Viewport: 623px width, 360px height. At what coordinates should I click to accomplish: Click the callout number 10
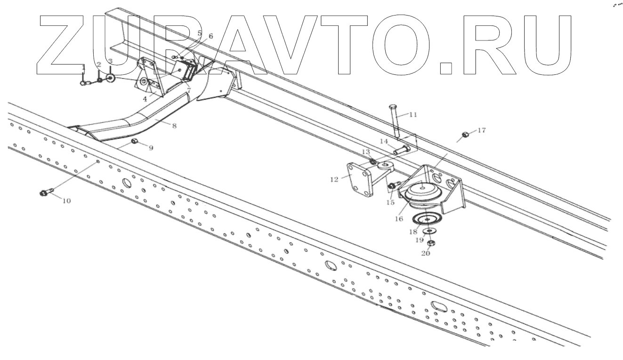[x=66, y=201]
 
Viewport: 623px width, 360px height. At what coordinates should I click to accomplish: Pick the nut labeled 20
[x=430, y=243]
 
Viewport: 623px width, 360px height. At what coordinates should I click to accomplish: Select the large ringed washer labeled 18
[x=426, y=219]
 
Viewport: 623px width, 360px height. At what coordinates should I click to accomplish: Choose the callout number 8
[x=174, y=126]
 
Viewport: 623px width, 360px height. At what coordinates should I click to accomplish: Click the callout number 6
[x=210, y=36]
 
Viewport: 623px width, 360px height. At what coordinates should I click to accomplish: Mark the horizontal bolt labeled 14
[x=401, y=150]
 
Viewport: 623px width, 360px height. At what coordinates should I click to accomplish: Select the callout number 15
[x=390, y=202]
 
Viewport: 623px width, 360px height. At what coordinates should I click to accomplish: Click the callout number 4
[x=145, y=99]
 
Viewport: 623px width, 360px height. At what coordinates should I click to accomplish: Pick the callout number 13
[x=366, y=151]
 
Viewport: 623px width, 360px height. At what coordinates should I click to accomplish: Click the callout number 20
[x=425, y=253]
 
